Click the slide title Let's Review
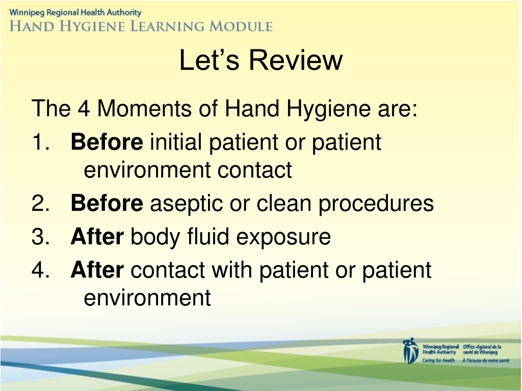[260, 60]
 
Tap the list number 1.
[41, 142]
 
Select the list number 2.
[41, 203]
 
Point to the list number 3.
[41, 236]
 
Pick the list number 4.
[41, 270]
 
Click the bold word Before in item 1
[107, 142]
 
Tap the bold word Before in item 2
[107, 203]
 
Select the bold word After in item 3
[97, 236]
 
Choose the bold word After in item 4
[97, 270]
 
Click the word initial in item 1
[176, 142]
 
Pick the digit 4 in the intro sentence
[84, 108]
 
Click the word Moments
[144, 108]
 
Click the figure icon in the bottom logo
[410, 351]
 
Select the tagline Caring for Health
[438, 361]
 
